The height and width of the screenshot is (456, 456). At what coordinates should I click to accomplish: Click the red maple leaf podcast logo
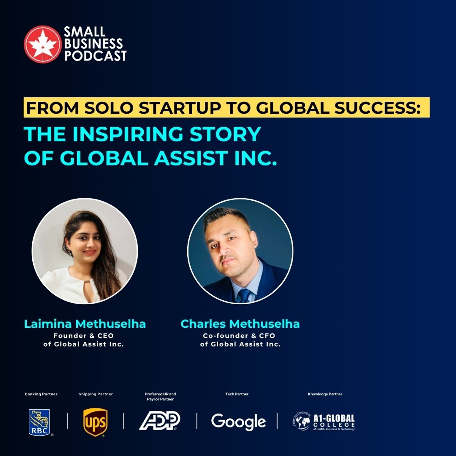tap(42, 44)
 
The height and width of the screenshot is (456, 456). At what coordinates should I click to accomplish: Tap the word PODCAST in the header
tap(95, 56)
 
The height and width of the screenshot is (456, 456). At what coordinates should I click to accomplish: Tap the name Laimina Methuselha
tap(85, 324)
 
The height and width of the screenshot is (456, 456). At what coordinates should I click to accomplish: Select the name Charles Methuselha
tap(240, 324)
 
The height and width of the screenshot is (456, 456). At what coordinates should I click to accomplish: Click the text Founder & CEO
tap(84, 335)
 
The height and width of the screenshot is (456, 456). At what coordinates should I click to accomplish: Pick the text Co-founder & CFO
tap(239, 335)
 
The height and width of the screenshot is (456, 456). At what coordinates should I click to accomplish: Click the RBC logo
tap(39, 422)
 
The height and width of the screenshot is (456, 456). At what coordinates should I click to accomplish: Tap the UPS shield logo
tap(95, 422)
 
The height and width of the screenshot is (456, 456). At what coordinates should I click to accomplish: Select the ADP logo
tap(160, 421)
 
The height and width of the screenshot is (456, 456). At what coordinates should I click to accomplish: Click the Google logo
tap(238, 422)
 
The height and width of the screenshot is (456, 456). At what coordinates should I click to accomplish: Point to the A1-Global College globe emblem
tap(302, 421)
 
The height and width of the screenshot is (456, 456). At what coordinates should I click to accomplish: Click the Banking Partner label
tap(41, 394)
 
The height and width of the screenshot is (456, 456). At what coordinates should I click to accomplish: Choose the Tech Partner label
tap(237, 394)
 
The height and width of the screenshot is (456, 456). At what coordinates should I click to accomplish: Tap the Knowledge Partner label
tap(325, 394)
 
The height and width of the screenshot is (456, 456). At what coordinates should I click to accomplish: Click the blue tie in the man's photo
tap(244, 295)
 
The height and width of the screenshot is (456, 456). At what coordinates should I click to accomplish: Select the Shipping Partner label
tap(96, 394)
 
